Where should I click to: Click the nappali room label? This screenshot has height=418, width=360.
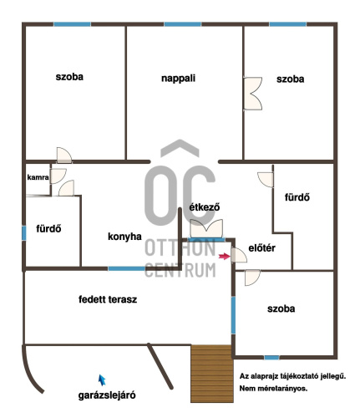click(178, 79)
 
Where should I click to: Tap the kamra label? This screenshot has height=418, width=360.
click(38, 177)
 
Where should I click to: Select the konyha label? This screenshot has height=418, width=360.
click(124, 237)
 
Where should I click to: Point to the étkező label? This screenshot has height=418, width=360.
click(205, 207)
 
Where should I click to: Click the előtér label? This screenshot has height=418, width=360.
click(261, 247)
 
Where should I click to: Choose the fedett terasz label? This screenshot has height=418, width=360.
click(108, 299)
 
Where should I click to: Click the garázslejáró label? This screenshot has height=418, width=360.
click(107, 395)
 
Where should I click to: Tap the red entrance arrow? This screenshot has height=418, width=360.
click(225, 257)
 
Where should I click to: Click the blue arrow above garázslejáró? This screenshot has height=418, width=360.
click(102, 380)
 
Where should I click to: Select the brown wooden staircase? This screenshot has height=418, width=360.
click(212, 374)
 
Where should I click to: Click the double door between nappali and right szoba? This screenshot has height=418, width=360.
click(253, 94)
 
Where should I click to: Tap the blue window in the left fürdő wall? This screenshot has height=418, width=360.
click(24, 233)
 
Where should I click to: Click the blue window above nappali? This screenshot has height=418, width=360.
click(183, 24)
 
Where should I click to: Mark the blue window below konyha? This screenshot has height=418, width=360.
click(126, 268)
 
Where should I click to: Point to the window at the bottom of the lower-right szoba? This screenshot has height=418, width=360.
click(271, 358)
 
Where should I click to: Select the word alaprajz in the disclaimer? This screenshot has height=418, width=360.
click(266, 376)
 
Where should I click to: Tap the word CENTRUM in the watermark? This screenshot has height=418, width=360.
click(180, 270)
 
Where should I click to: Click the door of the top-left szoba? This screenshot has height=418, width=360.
click(64, 155)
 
